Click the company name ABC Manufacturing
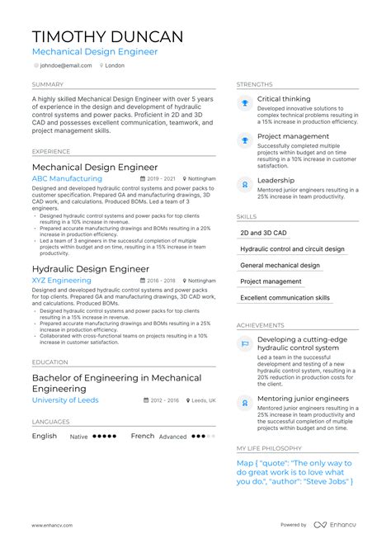pos(67,178)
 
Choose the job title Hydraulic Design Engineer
pos(90,269)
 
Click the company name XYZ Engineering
pos(61,281)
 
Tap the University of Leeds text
pos(64,400)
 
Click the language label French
pos(143,436)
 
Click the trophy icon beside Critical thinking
pos(244,102)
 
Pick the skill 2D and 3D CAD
pos(259,233)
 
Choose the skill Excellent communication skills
pos(285,298)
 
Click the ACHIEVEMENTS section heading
pos(260,325)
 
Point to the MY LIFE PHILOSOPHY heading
pos(270,448)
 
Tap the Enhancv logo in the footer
pos(333,525)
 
